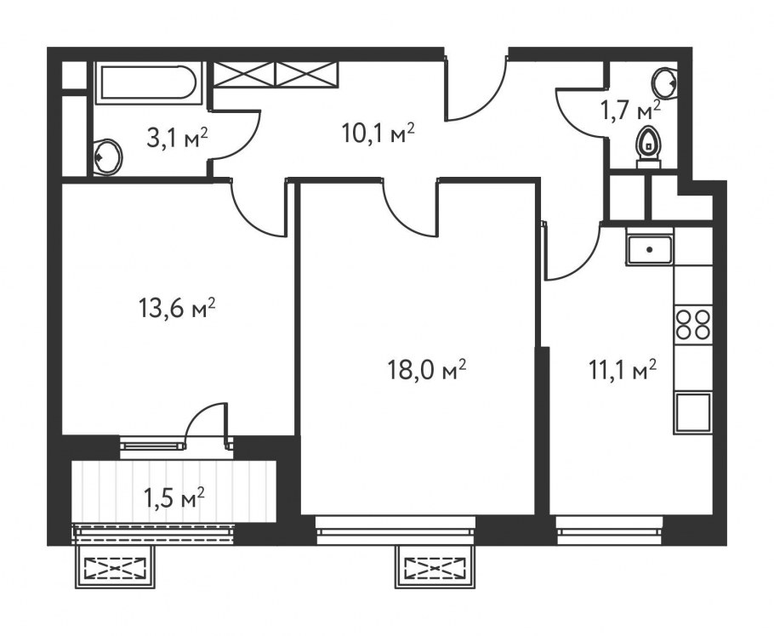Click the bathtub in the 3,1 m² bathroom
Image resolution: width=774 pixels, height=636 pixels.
(149, 82)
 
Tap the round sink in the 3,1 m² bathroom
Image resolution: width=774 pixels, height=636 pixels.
(108, 157)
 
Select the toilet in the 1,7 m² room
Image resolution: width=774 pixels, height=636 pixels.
(647, 146)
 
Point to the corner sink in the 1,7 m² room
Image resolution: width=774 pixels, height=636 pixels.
(665, 82)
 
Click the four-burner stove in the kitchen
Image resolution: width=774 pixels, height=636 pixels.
(693, 324)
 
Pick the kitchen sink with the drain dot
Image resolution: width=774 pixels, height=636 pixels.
(650, 250)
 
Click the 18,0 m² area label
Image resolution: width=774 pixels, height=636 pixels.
(426, 371)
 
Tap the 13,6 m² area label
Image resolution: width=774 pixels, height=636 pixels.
(176, 309)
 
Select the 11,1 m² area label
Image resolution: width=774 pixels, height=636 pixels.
(623, 370)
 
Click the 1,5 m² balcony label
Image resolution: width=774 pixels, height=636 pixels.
(174, 499)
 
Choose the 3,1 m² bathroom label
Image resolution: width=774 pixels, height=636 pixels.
(177, 139)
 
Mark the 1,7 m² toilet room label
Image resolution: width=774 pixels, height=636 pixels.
(630, 111)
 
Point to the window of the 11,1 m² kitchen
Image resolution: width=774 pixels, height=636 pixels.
(609, 531)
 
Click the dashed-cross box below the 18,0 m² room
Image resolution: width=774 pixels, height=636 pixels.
(435, 567)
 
